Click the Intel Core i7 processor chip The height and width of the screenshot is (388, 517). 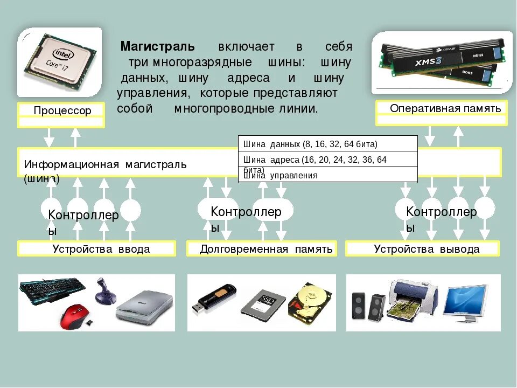60,63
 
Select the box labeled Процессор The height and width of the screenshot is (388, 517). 61,110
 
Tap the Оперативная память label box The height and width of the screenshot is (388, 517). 441,108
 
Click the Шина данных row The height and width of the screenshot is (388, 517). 327,144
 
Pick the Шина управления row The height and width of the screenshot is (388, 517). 327,175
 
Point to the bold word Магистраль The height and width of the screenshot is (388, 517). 157,46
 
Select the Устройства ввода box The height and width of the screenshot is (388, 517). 97,249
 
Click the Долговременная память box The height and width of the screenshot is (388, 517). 262,249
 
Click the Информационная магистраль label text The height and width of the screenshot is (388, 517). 105,164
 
